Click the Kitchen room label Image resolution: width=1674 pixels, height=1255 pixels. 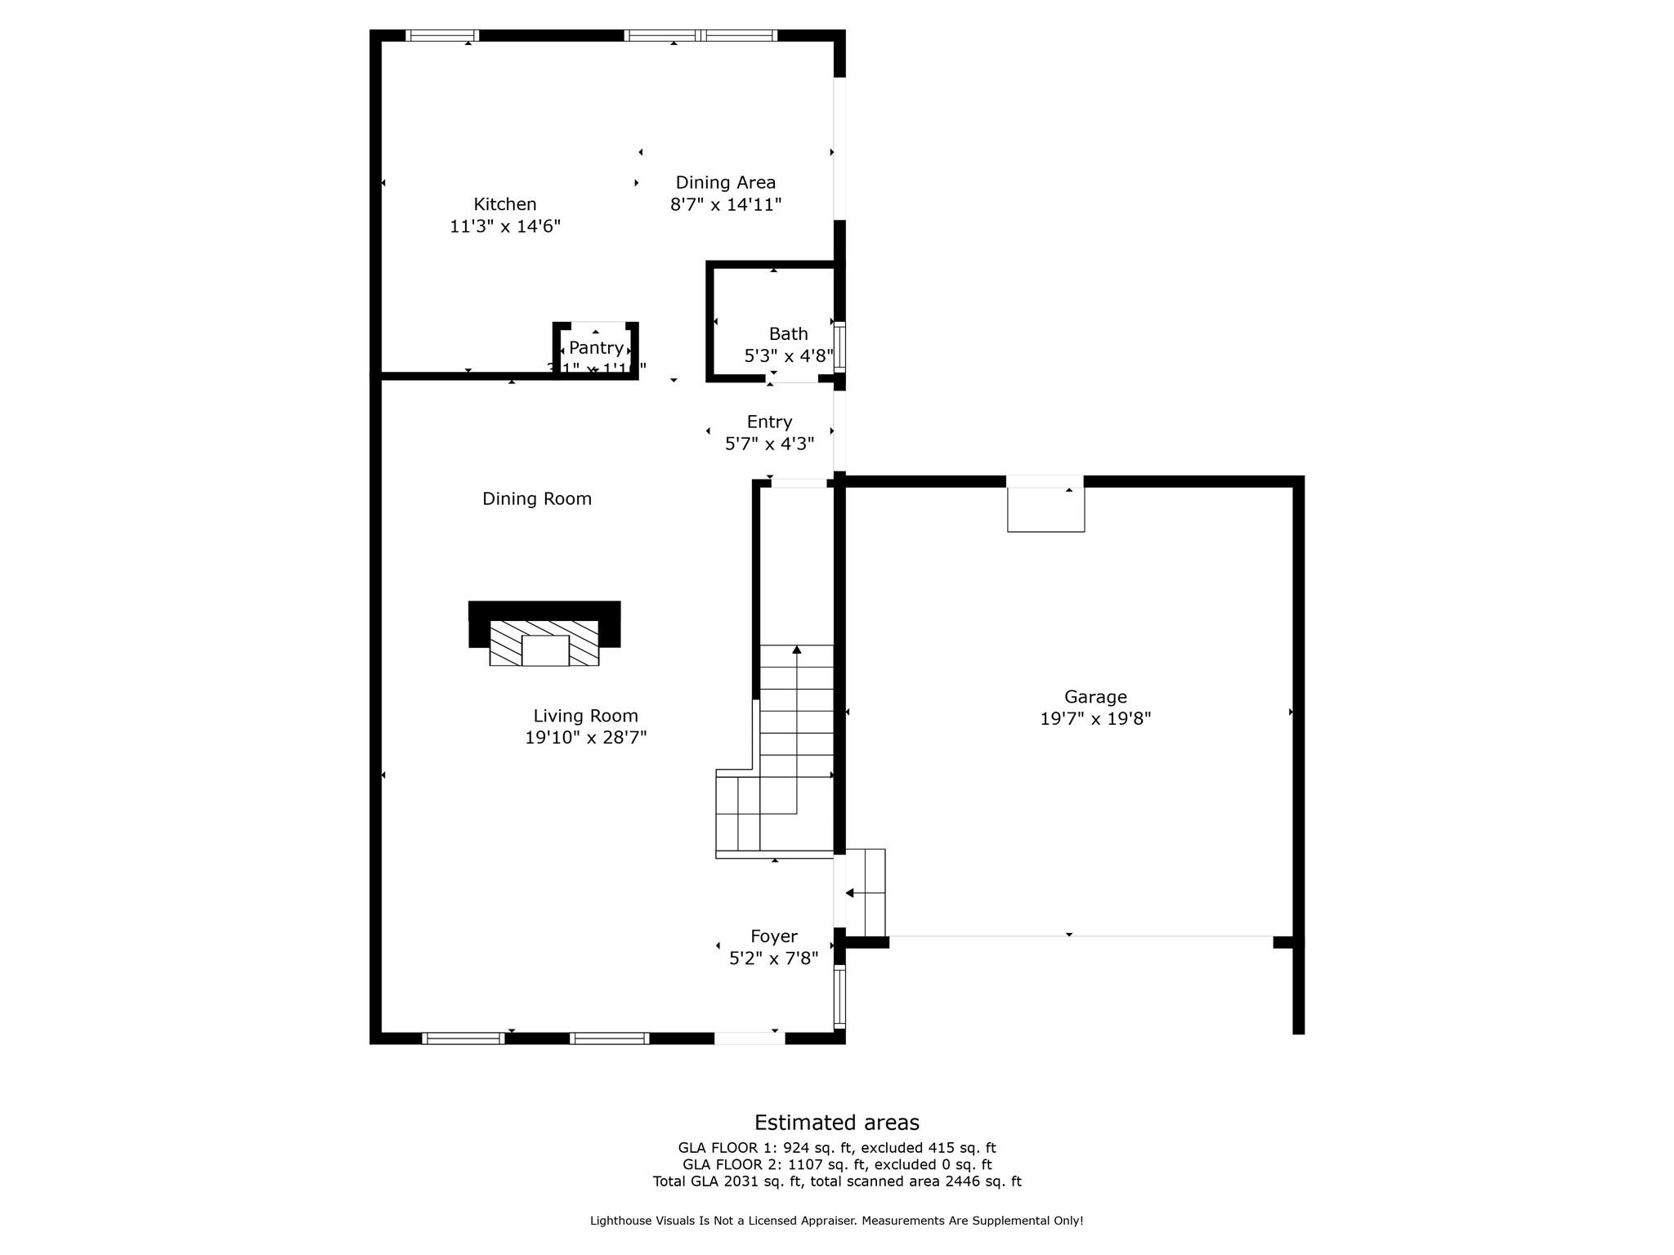[x=504, y=204]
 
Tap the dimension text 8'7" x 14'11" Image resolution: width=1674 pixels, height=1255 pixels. [x=726, y=204]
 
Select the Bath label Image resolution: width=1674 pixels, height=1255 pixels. [x=788, y=333]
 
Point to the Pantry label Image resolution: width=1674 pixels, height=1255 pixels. [x=596, y=348]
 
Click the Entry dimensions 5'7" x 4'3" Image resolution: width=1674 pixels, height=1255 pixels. [x=769, y=444]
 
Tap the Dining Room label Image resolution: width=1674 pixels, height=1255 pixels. [x=536, y=498]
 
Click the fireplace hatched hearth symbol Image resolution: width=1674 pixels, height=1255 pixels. [x=544, y=643]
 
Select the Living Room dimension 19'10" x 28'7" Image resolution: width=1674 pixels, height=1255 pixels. [x=585, y=738]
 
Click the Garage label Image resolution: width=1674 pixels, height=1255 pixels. [x=1094, y=697]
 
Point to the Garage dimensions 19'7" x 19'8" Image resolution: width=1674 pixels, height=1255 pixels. [x=1094, y=719]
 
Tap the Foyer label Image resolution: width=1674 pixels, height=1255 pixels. [x=773, y=936]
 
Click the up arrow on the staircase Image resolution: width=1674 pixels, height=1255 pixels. [x=796, y=650]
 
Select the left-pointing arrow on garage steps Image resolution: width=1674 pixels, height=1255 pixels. [x=851, y=893]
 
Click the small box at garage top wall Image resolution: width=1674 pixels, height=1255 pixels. [x=1045, y=509]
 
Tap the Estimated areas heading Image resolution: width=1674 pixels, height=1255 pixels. [x=836, y=1123]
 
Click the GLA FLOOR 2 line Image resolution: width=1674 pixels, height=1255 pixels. [x=836, y=1164]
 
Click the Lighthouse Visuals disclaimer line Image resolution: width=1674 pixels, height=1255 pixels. [x=836, y=1221]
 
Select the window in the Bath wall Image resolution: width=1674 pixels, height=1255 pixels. [x=839, y=348]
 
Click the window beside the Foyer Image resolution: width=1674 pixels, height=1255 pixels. [x=839, y=996]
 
